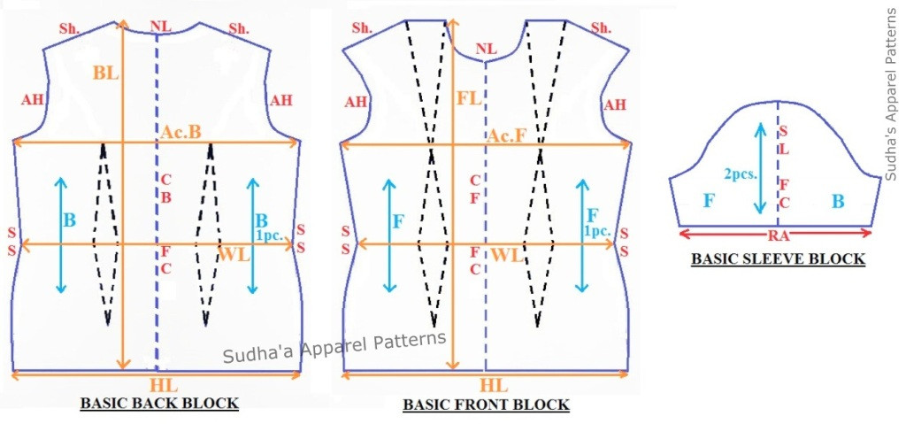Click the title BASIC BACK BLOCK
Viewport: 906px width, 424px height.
tap(159, 404)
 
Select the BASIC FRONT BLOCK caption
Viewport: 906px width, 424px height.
tap(486, 405)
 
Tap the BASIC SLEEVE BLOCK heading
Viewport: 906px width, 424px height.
tap(777, 259)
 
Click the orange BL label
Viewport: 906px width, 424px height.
tap(104, 73)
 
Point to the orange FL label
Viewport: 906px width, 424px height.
tap(469, 99)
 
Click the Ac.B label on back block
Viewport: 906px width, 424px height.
tap(181, 132)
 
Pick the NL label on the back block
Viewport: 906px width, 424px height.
tap(160, 27)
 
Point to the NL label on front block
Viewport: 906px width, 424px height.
tap(486, 49)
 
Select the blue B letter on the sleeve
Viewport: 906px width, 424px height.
tap(837, 202)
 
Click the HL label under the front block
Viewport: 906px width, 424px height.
tap(493, 386)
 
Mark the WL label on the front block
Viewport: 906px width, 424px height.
tap(505, 257)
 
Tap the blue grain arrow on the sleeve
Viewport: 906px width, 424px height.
tap(759, 167)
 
